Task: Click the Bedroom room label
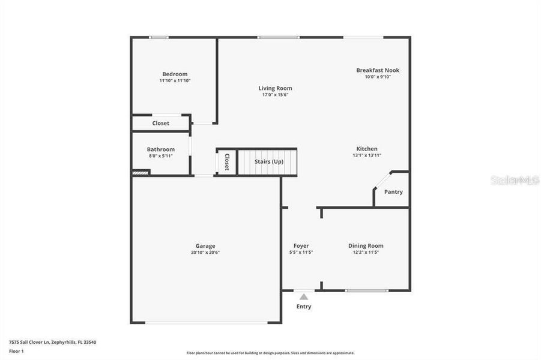click(175, 74)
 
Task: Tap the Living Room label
click(275, 88)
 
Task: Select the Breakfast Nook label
click(377, 70)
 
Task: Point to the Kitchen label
click(367, 149)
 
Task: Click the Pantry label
click(393, 192)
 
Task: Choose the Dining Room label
click(366, 245)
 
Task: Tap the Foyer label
click(301, 245)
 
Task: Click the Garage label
click(205, 245)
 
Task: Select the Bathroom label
click(161, 149)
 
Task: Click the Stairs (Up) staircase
click(268, 162)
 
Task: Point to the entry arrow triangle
click(304, 296)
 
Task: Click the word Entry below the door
click(304, 307)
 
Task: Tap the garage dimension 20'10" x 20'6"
click(205, 252)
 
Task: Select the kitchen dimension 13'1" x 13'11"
click(367, 155)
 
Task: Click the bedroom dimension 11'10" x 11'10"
click(175, 80)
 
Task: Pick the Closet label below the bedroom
click(160, 123)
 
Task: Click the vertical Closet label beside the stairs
click(227, 162)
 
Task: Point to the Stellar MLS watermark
click(515, 179)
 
